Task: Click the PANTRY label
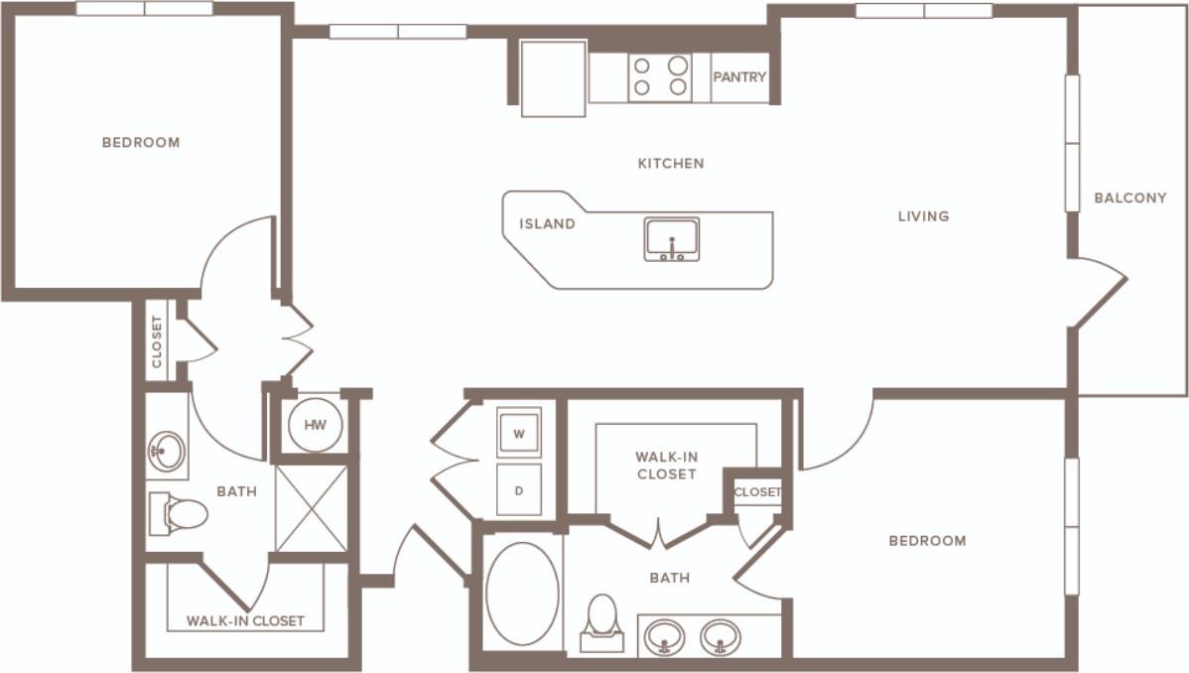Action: pyautogui.click(x=739, y=76)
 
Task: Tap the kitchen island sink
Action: pyautogui.click(x=672, y=239)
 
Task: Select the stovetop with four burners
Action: pyautogui.click(x=661, y=76)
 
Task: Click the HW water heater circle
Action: pyautogui.click(x=315, y=426)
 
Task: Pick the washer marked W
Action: pyautogui.click(x=519, y=433)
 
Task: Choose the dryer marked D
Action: pyautogui.click(x=519, y=489)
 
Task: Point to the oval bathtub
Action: pyautogui.click(x=522, y=593)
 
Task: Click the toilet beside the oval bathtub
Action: pyautogui.click(x=602, y=621)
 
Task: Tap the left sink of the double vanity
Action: pyautogui.click(x=663, y=637)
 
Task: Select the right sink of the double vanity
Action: pyautogui.click(x=720, y=637)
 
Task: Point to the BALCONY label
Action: pyautogui.click(x=1130, y=198)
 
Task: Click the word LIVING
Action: pyautogui.click(x=923, y=215)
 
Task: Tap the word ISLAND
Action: pyautogui.click(x=547, y=224)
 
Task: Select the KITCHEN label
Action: pyautogui.click(x=671, y=163)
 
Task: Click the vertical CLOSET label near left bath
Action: pyautogui.click(x=157, y=341)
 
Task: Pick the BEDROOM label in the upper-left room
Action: pyautogui.click(x=141, y=142)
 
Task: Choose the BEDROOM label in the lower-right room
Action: pyautogui.click(x=927, y=541)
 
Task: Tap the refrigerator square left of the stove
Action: pyautogui.click(x=553, y=77)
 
